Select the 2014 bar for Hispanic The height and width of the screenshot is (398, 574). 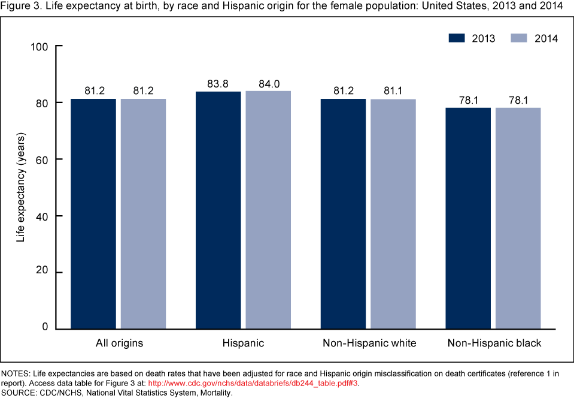pos(268,210)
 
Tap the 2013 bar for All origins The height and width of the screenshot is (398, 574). pos(93,214)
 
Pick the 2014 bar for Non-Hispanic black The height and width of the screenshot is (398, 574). pos(518,218)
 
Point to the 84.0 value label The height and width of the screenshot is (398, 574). pos(268,85)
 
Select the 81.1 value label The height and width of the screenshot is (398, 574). pos(393,92)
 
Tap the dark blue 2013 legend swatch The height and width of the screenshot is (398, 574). pos(458,38)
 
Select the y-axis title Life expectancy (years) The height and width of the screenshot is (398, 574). pos(20,188)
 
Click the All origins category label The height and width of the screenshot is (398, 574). pos(119,343)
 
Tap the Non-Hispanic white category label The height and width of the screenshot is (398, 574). pos(369,343)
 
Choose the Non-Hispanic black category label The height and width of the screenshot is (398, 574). pos(494,343)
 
